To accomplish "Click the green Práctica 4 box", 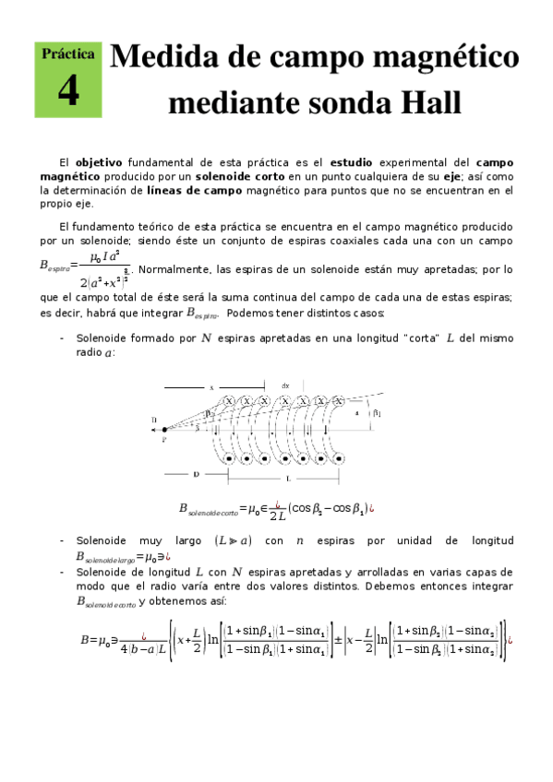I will tap(67, 79).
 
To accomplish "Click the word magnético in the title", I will tap(436, 58).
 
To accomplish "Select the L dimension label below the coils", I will tap(289, 480).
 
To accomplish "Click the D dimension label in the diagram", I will tap(197, 474).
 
